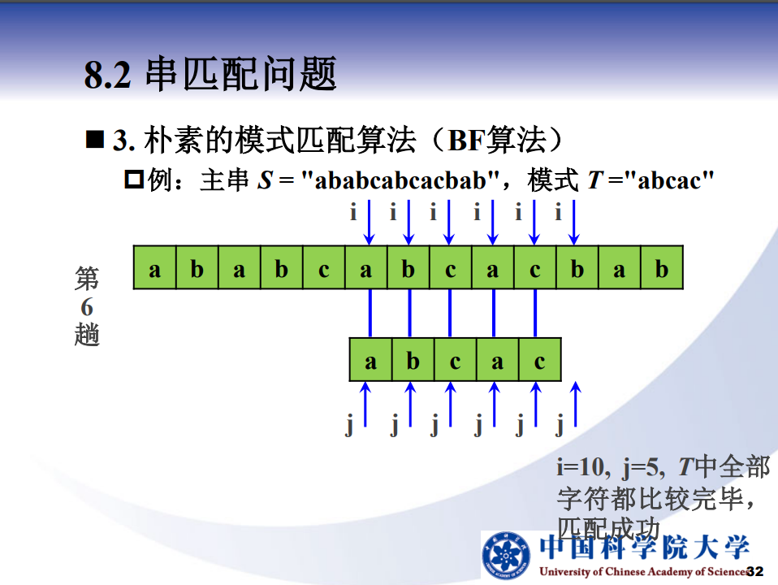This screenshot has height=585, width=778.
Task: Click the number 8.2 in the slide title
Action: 108,75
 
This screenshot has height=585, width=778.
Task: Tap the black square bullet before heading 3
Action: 95,140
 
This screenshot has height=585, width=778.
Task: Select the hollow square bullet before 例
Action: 134,180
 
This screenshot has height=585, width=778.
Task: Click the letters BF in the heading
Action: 466,141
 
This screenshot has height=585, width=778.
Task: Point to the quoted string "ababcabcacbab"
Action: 400,180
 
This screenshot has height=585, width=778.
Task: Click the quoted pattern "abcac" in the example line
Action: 669,180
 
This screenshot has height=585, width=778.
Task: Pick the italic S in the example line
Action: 265,180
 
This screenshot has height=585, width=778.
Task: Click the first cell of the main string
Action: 155,267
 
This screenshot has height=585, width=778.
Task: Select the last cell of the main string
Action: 662,267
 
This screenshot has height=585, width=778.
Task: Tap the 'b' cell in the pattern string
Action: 413,360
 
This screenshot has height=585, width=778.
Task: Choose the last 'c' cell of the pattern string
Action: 540,360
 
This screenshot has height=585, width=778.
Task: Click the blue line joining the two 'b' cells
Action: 410,314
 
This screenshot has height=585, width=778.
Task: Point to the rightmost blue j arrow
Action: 576,404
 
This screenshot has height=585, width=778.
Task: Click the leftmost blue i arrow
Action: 370,223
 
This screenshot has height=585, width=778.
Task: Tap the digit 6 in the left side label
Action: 87,307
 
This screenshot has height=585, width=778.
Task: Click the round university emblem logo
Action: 507,555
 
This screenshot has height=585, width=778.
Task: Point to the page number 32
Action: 755,571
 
